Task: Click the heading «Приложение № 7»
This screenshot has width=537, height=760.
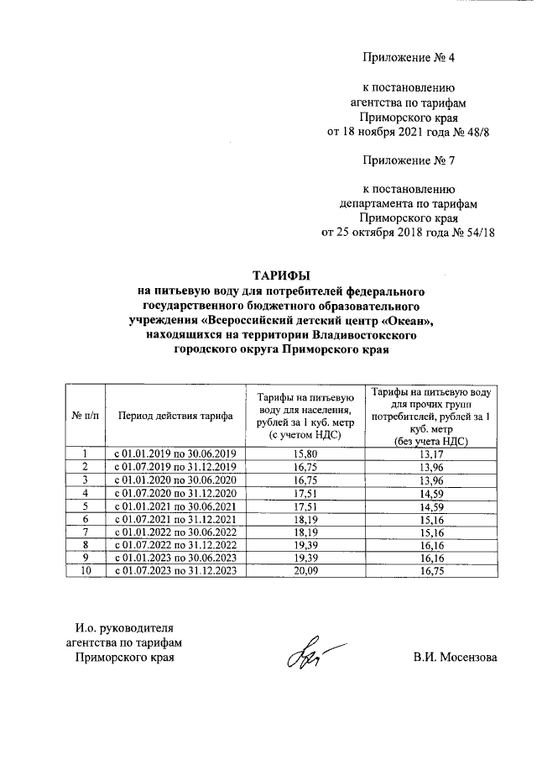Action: [x=407, y=159]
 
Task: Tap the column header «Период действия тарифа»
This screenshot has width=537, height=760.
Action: [x=175, y=416]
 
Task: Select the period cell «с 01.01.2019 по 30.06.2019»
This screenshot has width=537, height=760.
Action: [x=175, y=454]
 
